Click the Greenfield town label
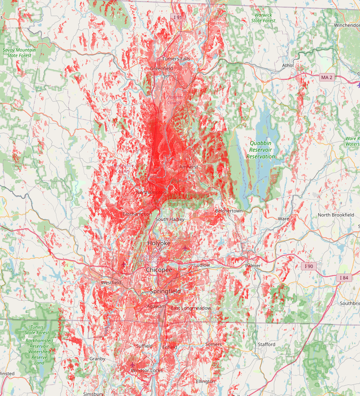(161, 68)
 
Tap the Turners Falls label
(176, 59)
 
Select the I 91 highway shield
(177, 17)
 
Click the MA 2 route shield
(327, 77)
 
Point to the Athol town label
(288, 66)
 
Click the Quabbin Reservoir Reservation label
(260, 150)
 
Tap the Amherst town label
(189, 167)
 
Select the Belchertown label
(229, 211)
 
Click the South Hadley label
(170, 219)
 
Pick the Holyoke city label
(159, 243)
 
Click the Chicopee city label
(159, 270)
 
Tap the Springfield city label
(165, 291)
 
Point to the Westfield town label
(111, 282)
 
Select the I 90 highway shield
(309, 266)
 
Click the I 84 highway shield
(344, 278)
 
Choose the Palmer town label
(253, 266)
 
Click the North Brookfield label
(336, 215)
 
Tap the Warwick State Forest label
(263, 18)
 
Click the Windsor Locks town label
(147, 370)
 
